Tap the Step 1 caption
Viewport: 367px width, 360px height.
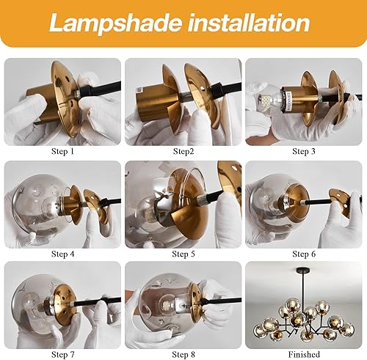pyautogui.click(x=62, y=151)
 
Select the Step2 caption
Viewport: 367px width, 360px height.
pyautogui.click(x=183, y=151)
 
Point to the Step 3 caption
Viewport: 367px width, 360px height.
pyautogui.click(x=304, y=151)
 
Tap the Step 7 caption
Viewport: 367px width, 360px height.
pyautogui.click(x=62, y=353)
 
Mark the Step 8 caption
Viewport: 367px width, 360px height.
pyautogui.click(x=183, y=353)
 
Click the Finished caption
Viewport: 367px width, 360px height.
pyautogui.click(x=304, y=353)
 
